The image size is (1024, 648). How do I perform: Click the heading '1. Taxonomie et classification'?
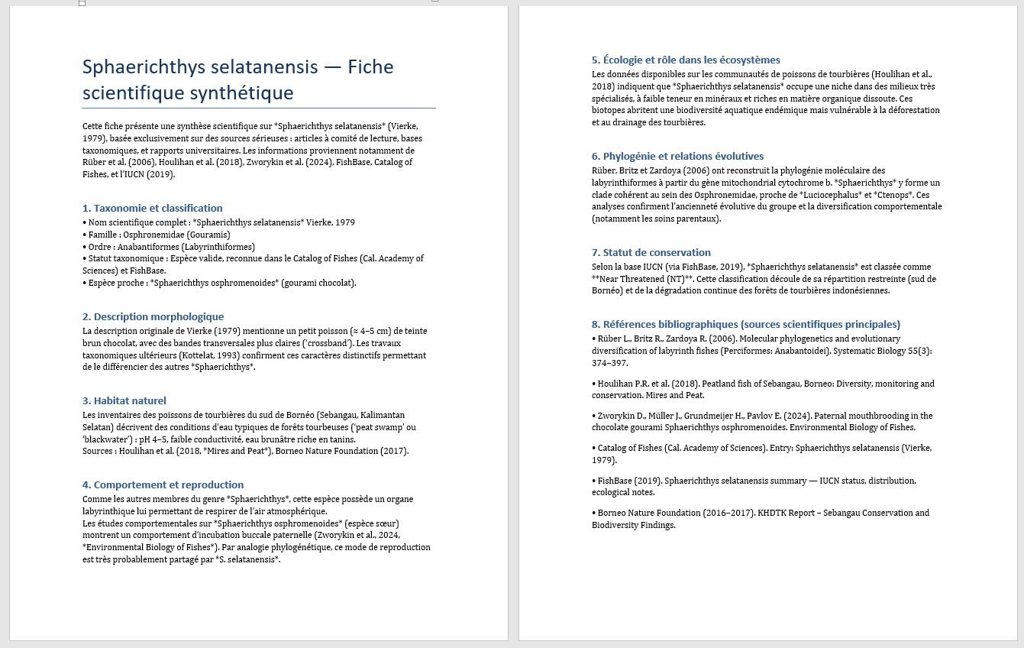153,208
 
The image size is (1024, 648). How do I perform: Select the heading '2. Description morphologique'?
153,316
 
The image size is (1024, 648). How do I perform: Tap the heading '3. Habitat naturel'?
124,400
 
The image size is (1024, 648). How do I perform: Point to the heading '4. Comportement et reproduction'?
163,484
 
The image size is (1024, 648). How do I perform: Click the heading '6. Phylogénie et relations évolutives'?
677,156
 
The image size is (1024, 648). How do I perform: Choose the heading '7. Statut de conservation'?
651,252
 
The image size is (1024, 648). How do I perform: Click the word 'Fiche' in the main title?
370,67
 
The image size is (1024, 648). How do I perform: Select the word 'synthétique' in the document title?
246,93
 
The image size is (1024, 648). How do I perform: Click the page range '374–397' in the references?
610,363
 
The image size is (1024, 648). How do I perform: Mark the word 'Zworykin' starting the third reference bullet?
615,416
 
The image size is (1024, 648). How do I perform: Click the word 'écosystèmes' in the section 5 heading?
749,60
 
